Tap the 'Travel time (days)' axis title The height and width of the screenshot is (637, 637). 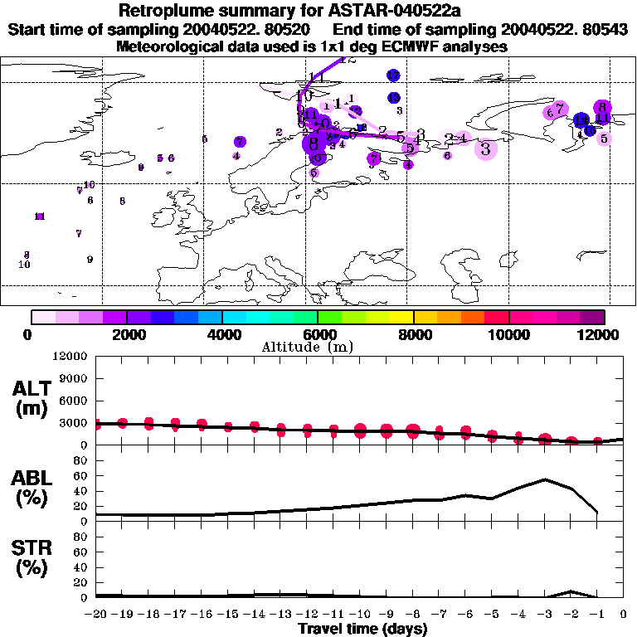(x=362, y=630)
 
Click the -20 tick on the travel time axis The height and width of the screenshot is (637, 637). (x=96, y=615)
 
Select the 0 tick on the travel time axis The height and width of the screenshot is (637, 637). (x=624, y=615)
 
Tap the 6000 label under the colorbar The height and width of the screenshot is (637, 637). (x=318, y=334)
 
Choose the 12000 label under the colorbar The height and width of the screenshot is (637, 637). (x=602, y=334)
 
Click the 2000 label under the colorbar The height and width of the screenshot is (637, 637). (x=126, y=334)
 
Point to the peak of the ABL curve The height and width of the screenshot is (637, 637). (x=545, y=479)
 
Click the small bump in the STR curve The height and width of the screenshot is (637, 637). (x=571, y=591)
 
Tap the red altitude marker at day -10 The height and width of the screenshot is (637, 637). (x=360, y=430)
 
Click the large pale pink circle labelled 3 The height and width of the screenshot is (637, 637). (x=486, y=148)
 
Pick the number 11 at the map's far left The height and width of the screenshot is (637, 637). (x=39, y=216)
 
